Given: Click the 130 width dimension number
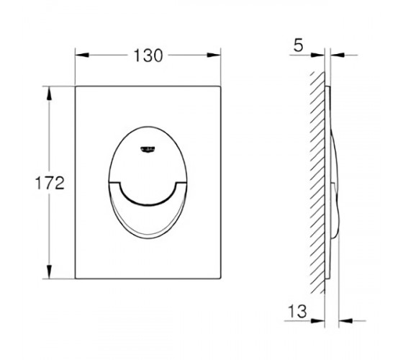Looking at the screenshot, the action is (148, 55).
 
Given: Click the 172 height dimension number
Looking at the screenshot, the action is (50, 183).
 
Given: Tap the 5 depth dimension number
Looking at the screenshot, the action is (299, 46).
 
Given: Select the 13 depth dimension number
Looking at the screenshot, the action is (297, 311).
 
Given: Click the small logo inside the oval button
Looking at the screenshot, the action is (148, 149).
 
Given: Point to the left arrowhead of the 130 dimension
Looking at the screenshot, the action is (82, 55).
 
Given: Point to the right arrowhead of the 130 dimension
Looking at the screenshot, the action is (214, 55).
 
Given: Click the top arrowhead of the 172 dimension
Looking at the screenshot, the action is (49, 94).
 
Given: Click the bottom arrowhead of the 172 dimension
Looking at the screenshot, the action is (49, 271).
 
